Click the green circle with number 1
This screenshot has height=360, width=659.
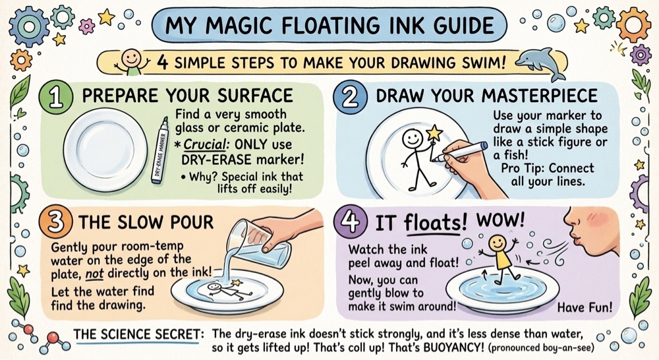(x=55, y=97)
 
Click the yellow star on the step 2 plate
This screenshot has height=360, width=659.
(x=434, y=133)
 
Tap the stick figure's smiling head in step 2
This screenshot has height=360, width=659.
(x=412, y=138)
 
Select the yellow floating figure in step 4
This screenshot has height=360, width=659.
(x=498, y=253)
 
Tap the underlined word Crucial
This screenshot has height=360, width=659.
(x=204, y=144)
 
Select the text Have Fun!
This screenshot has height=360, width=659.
(x=585, y=307)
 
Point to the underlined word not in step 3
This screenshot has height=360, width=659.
(x=94, y=274)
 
